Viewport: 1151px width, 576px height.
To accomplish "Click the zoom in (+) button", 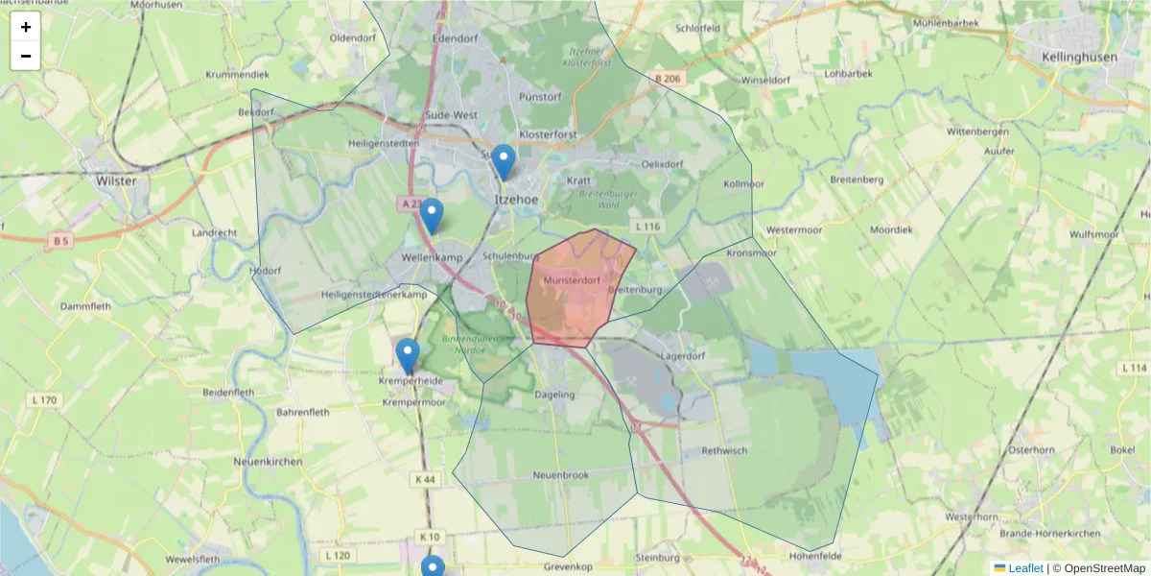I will click(x=26, y=27).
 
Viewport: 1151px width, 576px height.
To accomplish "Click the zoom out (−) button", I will click(x=26, y=56).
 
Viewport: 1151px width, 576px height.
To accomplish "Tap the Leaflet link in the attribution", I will click(x=1024, y=568).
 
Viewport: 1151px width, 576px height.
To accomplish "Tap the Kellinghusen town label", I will click(x=1079, y=57).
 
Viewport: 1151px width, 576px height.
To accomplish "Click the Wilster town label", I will click(x=116, y=180).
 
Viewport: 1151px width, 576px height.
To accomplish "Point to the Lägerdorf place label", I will click(x=683, y=356).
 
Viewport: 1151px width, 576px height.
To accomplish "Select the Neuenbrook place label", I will click(x=559, y=475).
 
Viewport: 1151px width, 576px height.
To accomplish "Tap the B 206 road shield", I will click(x=669, y=77).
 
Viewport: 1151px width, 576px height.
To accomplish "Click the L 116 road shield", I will click(x=648, y=227).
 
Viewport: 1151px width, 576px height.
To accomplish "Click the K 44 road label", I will click(x=426, y=479).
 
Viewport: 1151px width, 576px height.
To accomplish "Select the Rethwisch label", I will click(x=724, y=450).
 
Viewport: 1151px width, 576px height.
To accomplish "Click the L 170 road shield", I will click(x=44, y=399).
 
